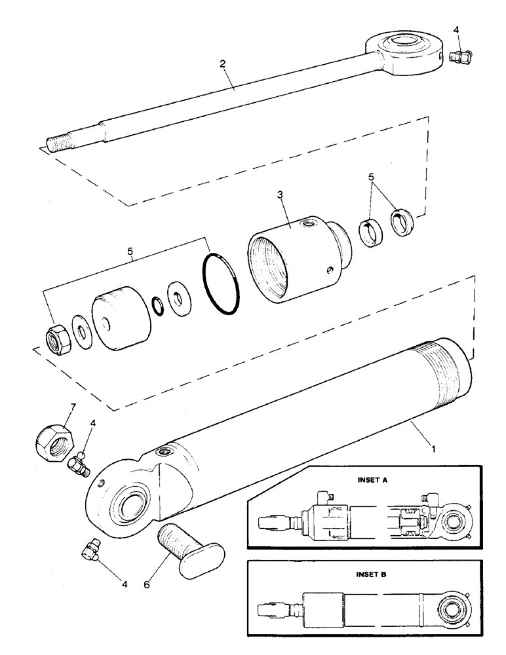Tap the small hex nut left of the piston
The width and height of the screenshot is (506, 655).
click(x=53, y=339)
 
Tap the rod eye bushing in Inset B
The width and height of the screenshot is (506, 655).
click(x=452, y=608)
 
